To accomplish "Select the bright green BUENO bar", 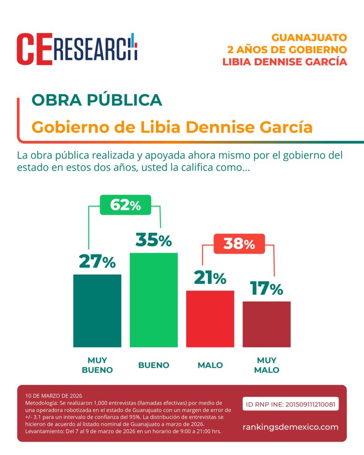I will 153,300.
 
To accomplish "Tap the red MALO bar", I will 210,319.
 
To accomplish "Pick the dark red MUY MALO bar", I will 266,324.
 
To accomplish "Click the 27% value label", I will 97,262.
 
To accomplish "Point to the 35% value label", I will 153,240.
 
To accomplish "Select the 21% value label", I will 210,278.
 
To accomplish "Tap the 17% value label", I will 266,288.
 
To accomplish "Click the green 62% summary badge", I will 125,205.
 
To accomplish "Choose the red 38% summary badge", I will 239,243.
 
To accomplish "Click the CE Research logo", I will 77,49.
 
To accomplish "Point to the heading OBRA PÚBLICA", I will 97,100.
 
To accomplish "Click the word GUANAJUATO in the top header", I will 309,37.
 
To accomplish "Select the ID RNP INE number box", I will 291,404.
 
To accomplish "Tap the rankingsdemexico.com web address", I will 291,427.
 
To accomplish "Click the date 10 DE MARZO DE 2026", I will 54,395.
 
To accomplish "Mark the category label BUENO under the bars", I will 153,365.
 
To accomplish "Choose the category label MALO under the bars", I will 210,365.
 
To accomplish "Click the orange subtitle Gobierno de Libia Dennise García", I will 172,127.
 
